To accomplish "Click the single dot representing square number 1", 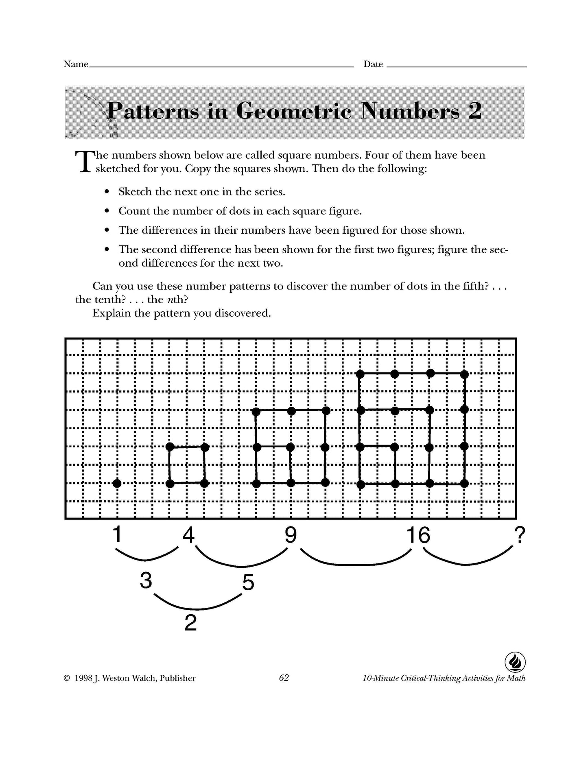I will [117, 484].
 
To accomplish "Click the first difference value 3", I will [146, 581].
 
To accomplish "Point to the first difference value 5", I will [248, 582].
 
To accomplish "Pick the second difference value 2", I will [190, 623].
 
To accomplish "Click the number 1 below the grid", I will [117, 534].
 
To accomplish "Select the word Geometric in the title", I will [293, 111].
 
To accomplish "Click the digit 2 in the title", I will [474, 111].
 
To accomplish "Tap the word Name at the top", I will [76, 64].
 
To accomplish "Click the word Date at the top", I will [373, 64].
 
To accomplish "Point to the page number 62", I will [284, 678].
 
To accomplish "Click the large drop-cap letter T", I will [83, 162].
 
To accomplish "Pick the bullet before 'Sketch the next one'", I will [107, 192].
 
